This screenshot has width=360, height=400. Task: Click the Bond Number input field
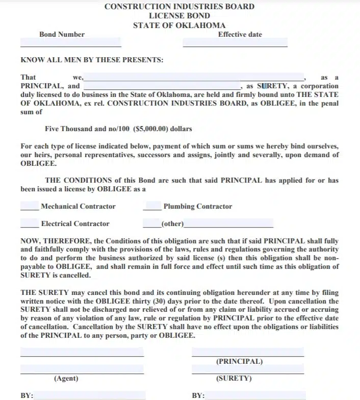[71, 43]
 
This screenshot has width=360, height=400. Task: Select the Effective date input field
[235, 43]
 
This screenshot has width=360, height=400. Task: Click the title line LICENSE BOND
[179, 16]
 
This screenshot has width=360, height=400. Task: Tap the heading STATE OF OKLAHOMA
[179, 25]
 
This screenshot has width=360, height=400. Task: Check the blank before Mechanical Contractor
[30, 207]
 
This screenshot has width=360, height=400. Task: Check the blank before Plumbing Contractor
[152, 207]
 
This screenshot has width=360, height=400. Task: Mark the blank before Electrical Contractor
[30, 223]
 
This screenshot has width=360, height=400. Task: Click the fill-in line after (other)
[228, 223]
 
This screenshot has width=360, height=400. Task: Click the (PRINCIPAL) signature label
[240, 361]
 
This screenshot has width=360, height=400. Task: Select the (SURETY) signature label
[234, 379]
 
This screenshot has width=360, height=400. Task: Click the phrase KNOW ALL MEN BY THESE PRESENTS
[92, 60]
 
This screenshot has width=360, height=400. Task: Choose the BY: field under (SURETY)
[255, 395]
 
